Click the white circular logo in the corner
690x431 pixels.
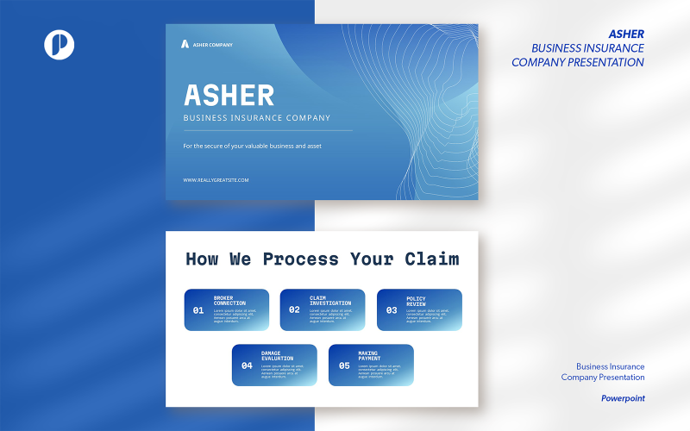pos(60,45)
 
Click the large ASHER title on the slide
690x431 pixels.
pos(229,95)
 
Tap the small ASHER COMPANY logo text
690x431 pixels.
pos(212,45)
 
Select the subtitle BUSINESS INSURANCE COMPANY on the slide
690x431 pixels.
pos(256,118)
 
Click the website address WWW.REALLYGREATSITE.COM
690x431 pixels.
pos(216,180)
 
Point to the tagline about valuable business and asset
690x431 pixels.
pos(252,146)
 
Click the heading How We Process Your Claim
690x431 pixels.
pos(322,259)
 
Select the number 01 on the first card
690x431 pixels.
pos(198,310)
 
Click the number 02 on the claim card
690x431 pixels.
pos(294,310)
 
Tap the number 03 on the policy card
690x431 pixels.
pos(392,310)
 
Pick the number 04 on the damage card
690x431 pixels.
pos(247,365)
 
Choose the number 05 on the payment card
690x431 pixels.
pos(343,365)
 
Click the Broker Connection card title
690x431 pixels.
pos(229,301)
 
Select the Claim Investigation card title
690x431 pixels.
pos(330,301)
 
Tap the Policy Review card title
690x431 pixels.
pos(416,301)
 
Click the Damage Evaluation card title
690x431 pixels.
pos(277,355)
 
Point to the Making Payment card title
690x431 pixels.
pos(368,355)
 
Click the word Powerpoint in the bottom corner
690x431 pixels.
pos(623,398)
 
